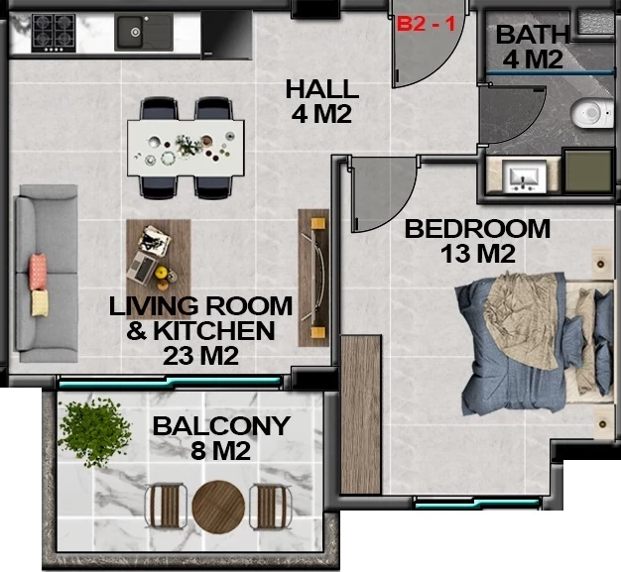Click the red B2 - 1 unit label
coord(427,24)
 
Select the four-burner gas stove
coord(54,34)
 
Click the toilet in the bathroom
coord(592,114)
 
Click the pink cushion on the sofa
coord(38,272)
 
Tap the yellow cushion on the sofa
coord(40,302)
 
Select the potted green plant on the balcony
coord(94,432)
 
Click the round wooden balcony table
coord(218,508)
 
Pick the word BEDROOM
coord(477,229)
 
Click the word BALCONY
coord(221,426)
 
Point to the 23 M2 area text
coord(200,356)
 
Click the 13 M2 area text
coord(477,254)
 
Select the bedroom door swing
coord(382,193)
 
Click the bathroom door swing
coord(511,115)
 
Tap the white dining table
coord(186,148)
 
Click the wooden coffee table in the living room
coord(159,270)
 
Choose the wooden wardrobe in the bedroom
coord(361,414)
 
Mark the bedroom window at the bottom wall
coord(477,504)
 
